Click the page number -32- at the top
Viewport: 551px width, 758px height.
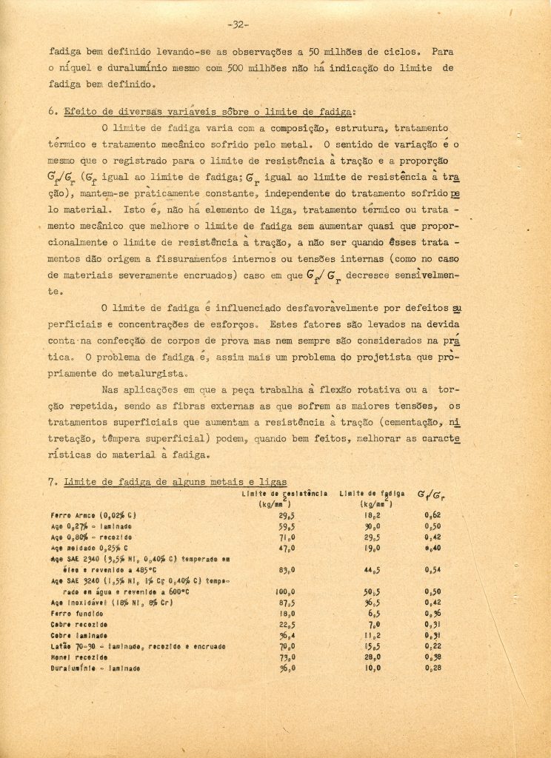238,24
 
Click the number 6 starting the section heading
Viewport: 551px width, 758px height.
52,112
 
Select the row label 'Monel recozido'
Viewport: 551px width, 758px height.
81,657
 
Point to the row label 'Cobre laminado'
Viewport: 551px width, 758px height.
81,635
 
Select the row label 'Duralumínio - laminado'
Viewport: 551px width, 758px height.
95,668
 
